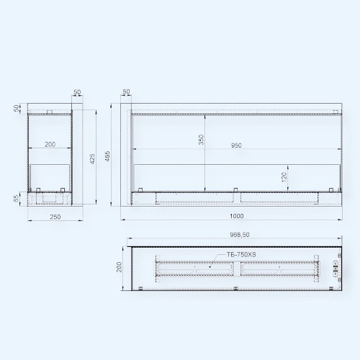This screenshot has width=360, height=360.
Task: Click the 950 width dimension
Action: (x=236, y=145)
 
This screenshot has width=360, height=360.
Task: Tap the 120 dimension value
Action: (x=284, y=176)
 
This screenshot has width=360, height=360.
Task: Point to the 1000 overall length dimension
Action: (x=236, y=215)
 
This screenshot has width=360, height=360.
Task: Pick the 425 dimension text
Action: (x=91, y=158)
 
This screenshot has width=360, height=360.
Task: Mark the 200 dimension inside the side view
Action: (x=50, y=145)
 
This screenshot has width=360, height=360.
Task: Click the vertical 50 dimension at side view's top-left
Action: (x=15, y=107)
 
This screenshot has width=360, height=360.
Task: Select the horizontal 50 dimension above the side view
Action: (x=78, y=92)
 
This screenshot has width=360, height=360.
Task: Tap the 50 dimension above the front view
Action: (x=127, y=92)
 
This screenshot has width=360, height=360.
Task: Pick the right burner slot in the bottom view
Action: (x=276, y=269)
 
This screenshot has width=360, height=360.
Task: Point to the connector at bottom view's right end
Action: (x=334, y=269)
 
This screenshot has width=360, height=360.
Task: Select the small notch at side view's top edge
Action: (x=49, y=112)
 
